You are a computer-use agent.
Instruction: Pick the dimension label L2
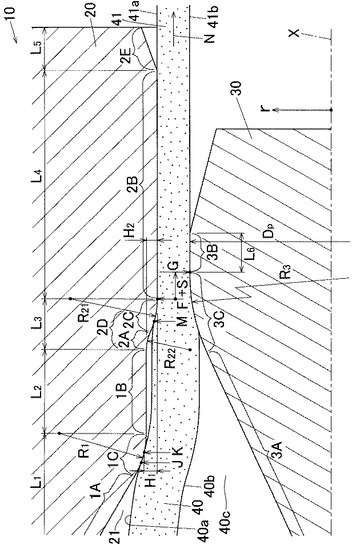pos(35,392)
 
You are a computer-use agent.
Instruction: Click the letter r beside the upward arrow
pos(264,108)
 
